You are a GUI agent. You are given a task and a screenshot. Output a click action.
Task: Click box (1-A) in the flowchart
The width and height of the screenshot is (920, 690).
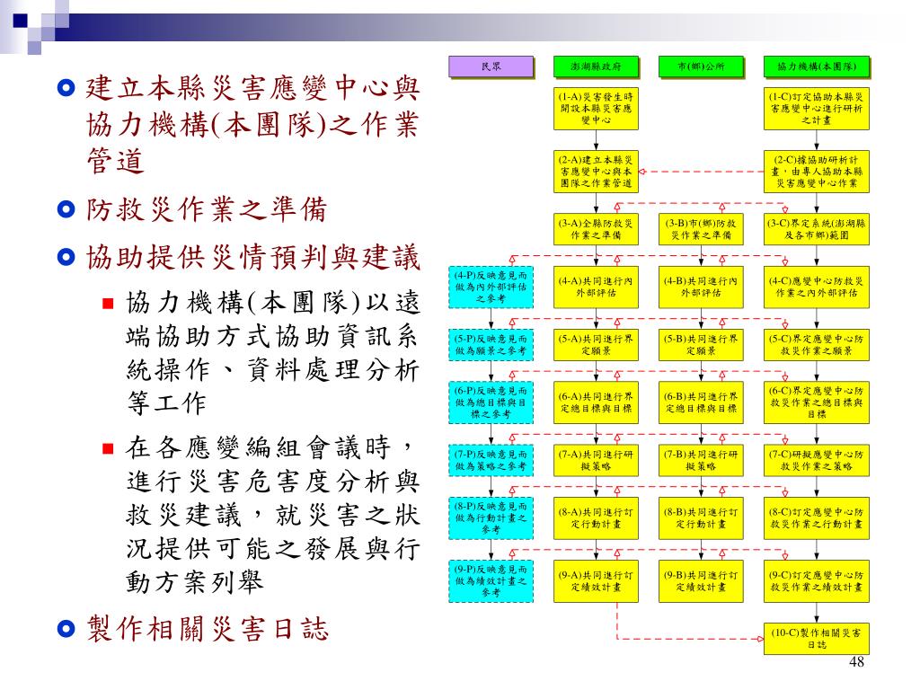click(597, 107)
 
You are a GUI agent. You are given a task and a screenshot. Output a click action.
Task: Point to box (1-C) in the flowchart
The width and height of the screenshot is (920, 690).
click(817, 107)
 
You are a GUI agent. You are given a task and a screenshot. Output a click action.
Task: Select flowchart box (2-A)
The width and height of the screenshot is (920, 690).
click(597, 170)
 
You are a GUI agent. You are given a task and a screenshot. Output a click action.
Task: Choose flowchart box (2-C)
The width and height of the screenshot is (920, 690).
click(817, 170)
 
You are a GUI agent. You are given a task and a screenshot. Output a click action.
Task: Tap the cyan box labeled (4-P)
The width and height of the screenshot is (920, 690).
click(491, 287)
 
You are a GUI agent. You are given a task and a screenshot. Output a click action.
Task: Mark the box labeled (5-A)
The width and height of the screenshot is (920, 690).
click(597, 345)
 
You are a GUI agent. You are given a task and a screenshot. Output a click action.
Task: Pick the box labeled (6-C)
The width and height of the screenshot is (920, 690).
click(817, 402)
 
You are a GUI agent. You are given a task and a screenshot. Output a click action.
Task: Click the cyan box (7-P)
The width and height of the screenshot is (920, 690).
click(491, 460)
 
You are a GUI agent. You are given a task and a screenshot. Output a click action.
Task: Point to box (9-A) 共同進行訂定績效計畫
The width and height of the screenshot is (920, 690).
click(597, 580)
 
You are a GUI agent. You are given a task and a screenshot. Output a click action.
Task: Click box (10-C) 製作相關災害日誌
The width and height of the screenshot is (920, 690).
click(817, 638)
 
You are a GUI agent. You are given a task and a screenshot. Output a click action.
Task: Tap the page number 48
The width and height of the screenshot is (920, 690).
click(855, 662)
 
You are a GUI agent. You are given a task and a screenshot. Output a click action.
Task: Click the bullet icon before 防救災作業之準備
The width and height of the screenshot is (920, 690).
click(66, 210)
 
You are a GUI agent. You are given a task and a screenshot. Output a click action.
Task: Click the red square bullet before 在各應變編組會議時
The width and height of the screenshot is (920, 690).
click(108, 448)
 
